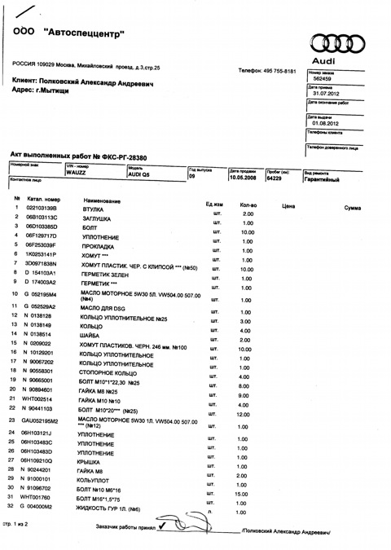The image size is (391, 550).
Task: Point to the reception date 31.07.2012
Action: (x=324, y=94)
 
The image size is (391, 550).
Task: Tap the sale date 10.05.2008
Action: (x=245, y=176)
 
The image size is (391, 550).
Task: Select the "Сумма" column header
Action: (x=352, y=209)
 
